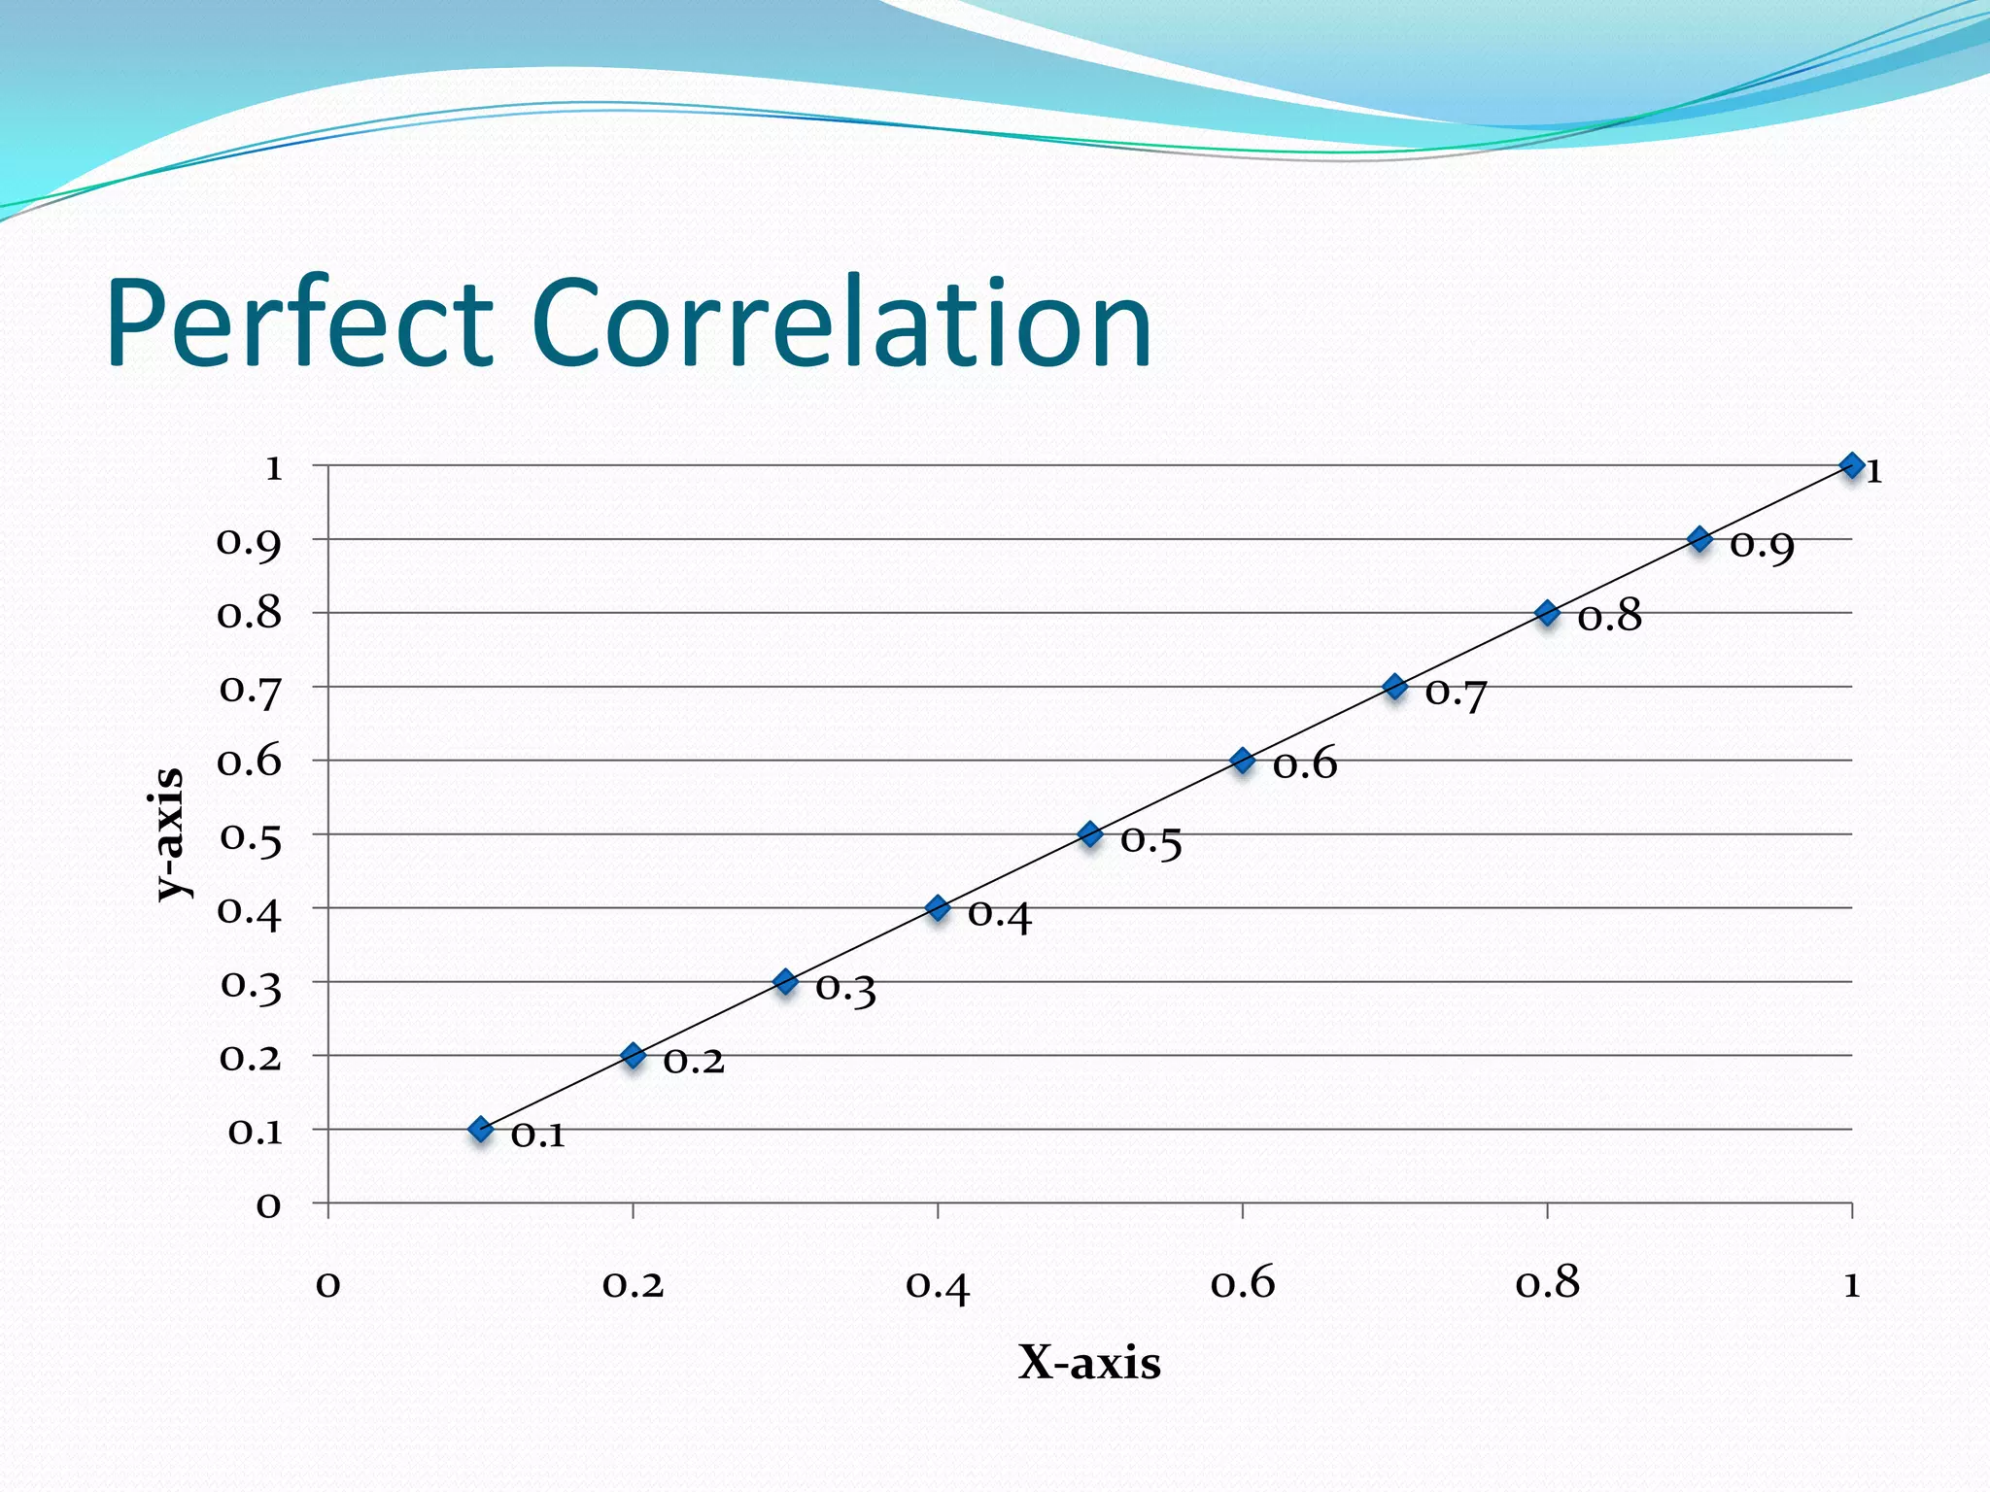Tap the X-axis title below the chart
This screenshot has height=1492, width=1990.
point(1089,1362)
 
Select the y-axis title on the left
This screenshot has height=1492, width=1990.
point(169,833)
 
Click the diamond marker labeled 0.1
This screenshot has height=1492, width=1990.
point(480,1129)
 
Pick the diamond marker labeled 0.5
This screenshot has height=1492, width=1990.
point(1090,833)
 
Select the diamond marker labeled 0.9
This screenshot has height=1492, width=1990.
point(1699,539)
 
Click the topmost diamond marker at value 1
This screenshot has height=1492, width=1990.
point(1852,465)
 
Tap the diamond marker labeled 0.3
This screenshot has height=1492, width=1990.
point(785,981)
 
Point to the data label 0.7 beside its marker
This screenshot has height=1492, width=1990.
point(1456,694)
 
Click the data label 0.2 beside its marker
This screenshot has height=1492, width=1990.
point(694,1061)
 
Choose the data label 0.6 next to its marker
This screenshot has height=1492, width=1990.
point(1304,765)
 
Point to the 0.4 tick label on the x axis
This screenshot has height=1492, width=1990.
point(938,1286)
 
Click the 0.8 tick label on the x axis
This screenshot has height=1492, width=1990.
point(1547,1284)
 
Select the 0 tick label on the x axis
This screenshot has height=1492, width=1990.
point(328,1284)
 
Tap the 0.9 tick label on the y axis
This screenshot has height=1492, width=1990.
point(249,543)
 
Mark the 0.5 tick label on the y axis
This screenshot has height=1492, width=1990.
point(250,837)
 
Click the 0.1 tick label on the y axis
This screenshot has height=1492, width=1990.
point(255,1132)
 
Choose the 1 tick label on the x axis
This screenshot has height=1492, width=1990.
point(1851,1284)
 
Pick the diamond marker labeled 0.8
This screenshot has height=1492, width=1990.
point(1547,613)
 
